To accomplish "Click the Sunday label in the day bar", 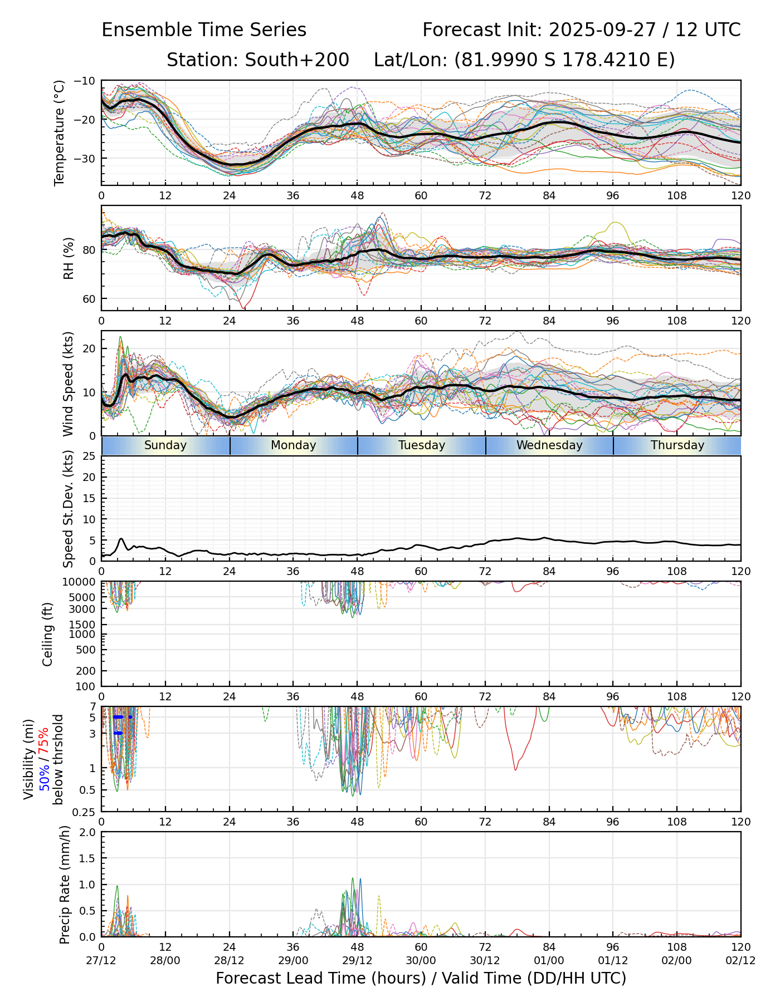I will [x=165, y=445].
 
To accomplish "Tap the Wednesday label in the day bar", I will [x=549, y=445].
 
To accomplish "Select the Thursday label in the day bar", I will [x=677, y=445].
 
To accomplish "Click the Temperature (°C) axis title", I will [x=60, y=132].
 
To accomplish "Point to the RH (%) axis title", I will [x=69, y=258].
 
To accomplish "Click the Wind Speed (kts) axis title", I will [x=68, y=384].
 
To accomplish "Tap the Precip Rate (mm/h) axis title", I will [x=65, y=885].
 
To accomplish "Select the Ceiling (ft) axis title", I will [x=48, y=634].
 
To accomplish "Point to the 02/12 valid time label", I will [x=740, y=961].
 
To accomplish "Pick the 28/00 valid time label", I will [x=165, y=961].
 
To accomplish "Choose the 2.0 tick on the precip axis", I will [x=88, y=833].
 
